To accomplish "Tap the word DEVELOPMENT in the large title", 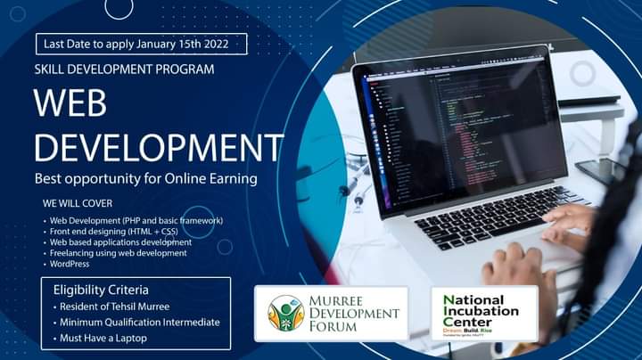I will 158,146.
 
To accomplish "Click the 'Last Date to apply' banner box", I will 142,44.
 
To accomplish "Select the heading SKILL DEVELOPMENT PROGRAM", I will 124,69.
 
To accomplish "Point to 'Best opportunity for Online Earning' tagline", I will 145,178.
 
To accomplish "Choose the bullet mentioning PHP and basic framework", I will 136,220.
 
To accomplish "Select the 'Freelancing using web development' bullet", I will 118,253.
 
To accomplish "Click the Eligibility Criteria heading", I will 101,290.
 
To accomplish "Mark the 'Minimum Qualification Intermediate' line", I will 137,322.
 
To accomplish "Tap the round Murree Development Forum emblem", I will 286,313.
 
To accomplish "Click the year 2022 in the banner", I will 225,44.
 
